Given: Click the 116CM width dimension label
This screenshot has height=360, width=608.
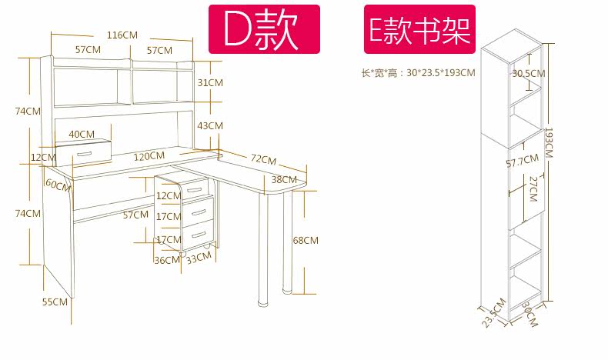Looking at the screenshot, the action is [x=122, y=35].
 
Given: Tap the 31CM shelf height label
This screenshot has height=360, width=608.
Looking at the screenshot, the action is [x=209, y=82].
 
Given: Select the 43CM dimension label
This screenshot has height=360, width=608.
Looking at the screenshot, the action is [x=209, y=125].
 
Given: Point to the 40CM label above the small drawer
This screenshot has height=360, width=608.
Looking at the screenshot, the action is [x=82, y=134].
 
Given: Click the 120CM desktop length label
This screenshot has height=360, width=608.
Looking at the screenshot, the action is [x=149, y=155].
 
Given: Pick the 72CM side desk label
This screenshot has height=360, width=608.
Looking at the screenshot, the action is [x=262, y=159].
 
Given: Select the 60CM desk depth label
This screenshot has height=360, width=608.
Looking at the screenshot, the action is [x=57, y=184].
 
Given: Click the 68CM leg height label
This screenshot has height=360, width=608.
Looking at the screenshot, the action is [x=305, y=241].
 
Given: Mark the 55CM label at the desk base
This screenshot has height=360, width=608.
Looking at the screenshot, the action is [x=55, y=302].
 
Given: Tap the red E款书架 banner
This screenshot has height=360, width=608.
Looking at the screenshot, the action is [x=419, y=29].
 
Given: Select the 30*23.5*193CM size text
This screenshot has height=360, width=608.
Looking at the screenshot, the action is [x=419, y=73].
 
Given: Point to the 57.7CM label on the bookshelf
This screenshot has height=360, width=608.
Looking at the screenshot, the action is [x=521, y=162].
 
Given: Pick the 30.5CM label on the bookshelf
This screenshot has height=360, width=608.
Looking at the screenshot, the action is [x=528, y=74].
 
